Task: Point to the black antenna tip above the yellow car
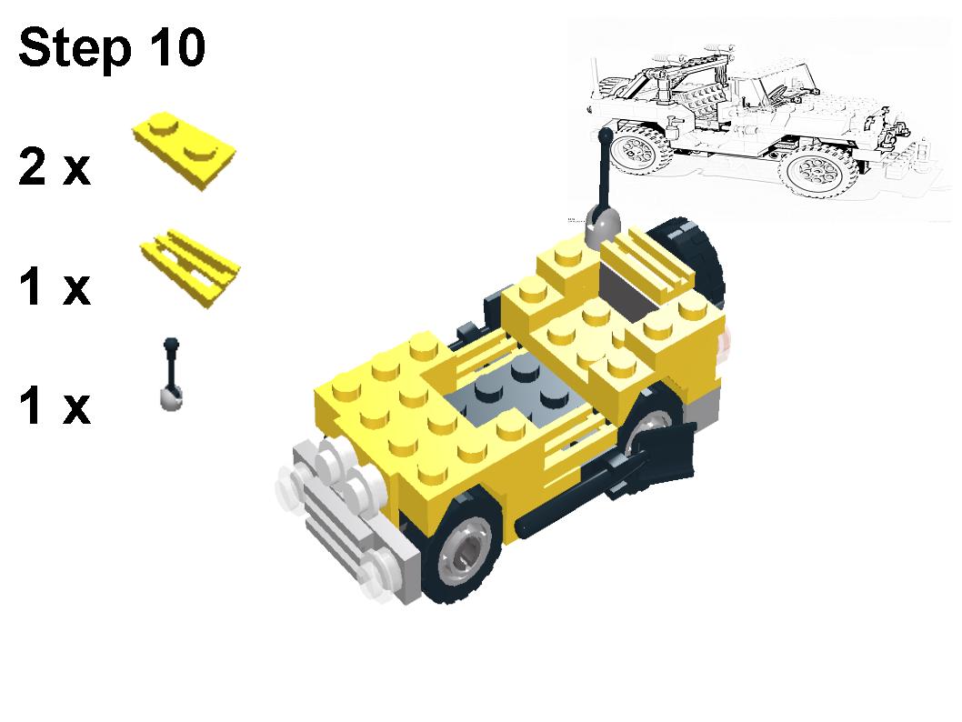[604, 136]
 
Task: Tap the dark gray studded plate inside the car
[509, 391]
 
